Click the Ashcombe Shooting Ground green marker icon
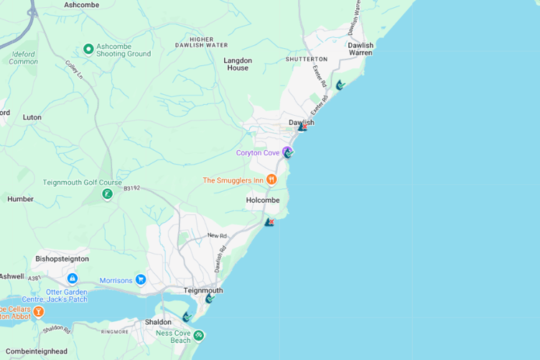[88, 49]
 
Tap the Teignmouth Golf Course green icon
[107, 193]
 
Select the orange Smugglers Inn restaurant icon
[271, 180]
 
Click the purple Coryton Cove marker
[287, 152]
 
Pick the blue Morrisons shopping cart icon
[141, 280]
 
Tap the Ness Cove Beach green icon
[198, 335]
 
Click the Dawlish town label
[301, 122]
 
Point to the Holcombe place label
[262, 200]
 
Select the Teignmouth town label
[203, 290]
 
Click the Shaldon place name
[158, 322]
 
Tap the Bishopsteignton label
[62, 258]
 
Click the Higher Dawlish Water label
[201, 42]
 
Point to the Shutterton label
[306, 59]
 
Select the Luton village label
[32, 117]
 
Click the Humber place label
[20, 198]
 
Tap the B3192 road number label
[131, 189]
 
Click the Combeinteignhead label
[34, 351]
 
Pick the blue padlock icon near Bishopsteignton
[72, 278]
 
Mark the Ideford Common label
[24, 57]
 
